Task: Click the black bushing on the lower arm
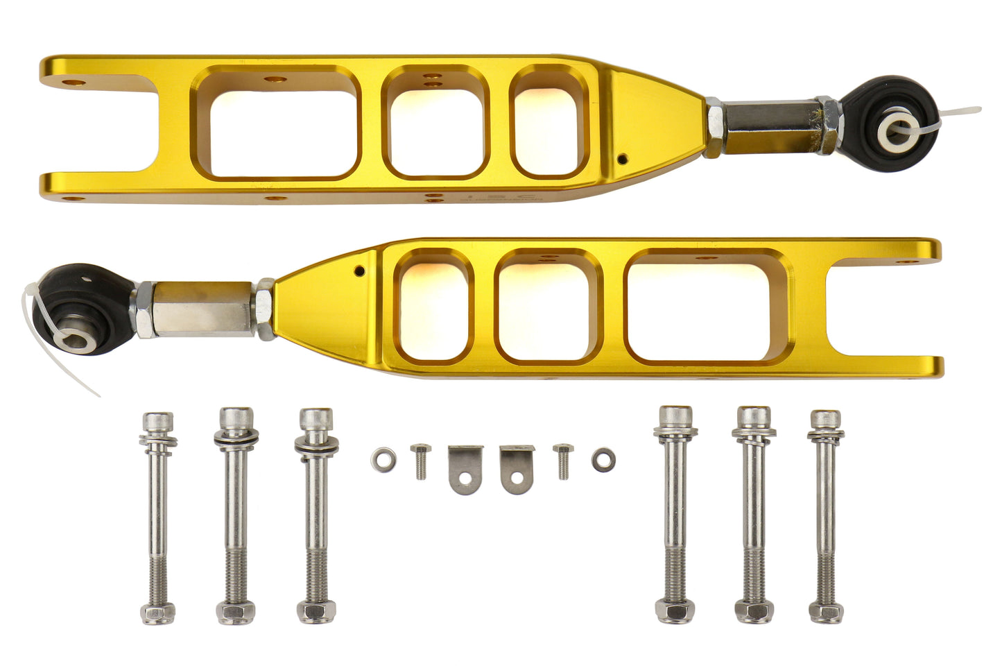(x=81, y=309)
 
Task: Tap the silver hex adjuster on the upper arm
(x=772, y=125)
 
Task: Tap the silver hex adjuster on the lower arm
(x=199, y=309)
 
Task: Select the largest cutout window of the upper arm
(x=276, y=123)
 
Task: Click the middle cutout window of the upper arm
(x=435, y=123)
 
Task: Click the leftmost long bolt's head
(x=157, y=422)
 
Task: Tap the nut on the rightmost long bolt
(x=825, y=612)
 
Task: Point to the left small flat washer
(x=383, y=459)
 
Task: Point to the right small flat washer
(x=603, y=459)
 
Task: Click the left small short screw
(x=420, y=461)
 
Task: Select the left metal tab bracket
(x=464, y=469)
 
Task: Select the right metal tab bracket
(x=517, y=469)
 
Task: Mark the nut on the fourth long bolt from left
(x=675, y=613)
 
